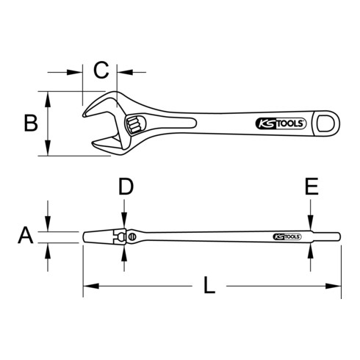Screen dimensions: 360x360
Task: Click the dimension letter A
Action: tap(26, 236)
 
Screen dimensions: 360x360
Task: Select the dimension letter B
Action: tap(29, 123)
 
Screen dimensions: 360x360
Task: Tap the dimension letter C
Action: tap(102, 71)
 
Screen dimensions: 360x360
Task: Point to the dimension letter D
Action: tap(126, 187)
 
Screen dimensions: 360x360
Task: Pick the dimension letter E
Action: tap(311, 187)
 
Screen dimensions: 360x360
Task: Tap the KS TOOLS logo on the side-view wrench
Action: tap(287, 237)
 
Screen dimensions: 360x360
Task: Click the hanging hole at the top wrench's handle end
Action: tap(324, 123)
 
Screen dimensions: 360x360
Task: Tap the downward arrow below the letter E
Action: tap(311, 223)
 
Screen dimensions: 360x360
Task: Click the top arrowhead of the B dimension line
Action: tap(50, 96)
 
